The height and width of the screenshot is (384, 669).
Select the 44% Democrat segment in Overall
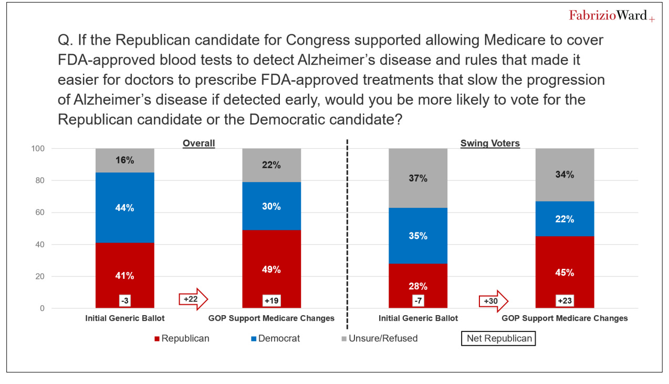point(125,207)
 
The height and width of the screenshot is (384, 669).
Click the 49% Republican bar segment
point(271,269)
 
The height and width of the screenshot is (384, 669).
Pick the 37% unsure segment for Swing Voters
point(418,178)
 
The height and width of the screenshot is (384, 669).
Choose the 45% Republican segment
point(565,272)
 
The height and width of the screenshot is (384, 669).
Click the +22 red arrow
point(193,299)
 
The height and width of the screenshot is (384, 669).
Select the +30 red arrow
point(494,301)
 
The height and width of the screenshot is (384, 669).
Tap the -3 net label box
point(125,301)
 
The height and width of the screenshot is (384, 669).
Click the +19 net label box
point(271,301)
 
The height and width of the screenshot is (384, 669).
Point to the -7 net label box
point(418,301)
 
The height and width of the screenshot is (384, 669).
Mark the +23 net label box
point(565,301)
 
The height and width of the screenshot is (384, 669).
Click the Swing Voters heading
point(490,143)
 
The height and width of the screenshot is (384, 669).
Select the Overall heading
point(198,143)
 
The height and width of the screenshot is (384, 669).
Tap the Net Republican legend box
point(498,338)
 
